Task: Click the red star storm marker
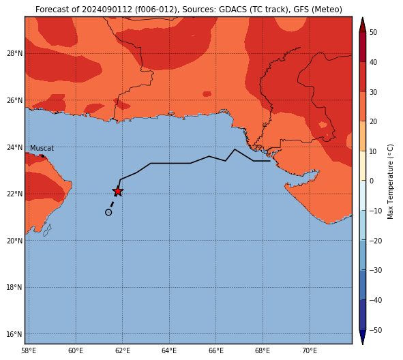tap(118, 191)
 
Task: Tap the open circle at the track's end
tap(108, 212)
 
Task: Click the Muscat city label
tap(42, 148)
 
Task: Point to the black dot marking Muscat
tap(43, 156)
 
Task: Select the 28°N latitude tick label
tap(14, 54)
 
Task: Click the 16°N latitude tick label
tap(14, 334)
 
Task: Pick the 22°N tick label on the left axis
tap(14, 194)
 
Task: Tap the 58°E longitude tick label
tap(29, 350)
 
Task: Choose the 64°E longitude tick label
tap(169, 350)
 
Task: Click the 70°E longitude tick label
tap(310, 350)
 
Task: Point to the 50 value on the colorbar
tap(374, 32)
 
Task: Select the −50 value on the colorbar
tap(376, 330)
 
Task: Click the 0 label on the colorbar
tap(372, 181)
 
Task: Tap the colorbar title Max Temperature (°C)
tap(390, 181)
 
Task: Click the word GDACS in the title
tap(230, 10)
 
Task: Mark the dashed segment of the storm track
tap(112, 205)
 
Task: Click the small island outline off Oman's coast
tap(47, 230)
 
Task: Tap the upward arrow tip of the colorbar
tap(362, 18)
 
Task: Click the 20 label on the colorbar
tap(374, 121)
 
